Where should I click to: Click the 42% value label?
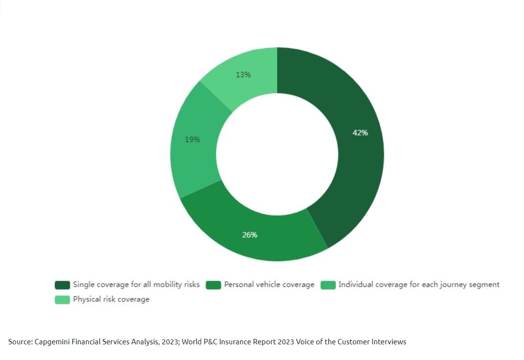(360, 133)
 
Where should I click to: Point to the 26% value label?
(250, 235)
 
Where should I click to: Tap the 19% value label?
(193, 139)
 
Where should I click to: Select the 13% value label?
(243, 74)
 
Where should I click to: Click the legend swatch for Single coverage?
(63, 285)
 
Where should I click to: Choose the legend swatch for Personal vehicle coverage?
(214, 285)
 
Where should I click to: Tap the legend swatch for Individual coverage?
(328, 285)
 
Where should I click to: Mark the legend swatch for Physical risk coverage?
(63, 299)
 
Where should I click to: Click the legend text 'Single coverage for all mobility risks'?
(136, 285)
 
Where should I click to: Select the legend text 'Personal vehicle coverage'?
(269, 285)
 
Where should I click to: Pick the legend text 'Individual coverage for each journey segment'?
(419, 285)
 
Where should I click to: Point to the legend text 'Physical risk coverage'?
(111, 299)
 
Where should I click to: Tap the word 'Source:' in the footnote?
(21, 342)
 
